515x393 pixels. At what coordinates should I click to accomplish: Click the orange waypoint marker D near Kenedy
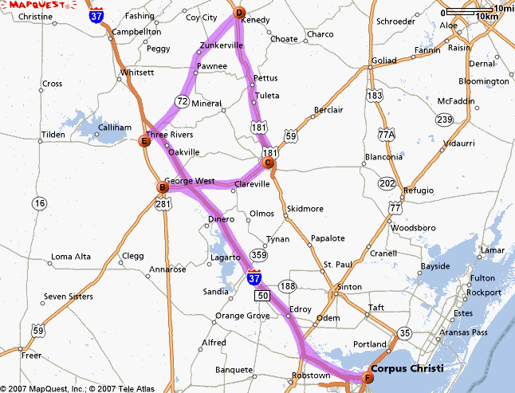tap(239, 12)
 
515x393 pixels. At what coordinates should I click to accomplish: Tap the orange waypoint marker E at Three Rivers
tap(144, 142)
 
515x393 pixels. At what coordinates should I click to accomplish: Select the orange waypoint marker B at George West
tap(162, 188)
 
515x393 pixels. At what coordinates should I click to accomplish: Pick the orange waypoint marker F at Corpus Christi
tap(368, 378)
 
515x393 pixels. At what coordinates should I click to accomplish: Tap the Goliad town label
tap(383, 60)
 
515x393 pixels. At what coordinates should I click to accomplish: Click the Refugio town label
tap(418, 191)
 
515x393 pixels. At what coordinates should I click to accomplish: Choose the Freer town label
tap(31, 356)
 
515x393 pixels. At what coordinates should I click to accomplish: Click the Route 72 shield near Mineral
tap(183, 101)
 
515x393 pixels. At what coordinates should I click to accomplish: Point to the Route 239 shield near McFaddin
tap(443, 119)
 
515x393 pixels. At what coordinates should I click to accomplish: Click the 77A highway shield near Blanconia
tap(387, 134)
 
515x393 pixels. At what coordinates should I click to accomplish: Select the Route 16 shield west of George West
tap(39, 203)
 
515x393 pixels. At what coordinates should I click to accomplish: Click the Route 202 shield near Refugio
tap(387, 183)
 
